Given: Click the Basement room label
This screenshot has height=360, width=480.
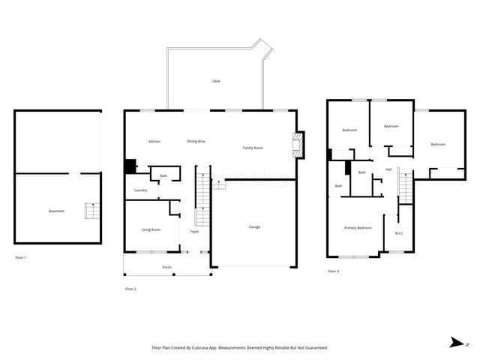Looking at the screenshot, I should tap(56, 211).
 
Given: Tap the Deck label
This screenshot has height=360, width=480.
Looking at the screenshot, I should tap(216, 81).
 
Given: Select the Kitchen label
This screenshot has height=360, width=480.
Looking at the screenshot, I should tap(154, 142).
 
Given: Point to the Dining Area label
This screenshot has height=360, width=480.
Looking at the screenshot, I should tap(196, 142).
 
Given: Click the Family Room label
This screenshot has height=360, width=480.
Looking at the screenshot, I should tap(253, 148).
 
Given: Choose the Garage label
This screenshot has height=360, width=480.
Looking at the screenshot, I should tap(255, 226).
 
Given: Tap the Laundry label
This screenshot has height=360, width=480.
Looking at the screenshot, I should tap(141, 190).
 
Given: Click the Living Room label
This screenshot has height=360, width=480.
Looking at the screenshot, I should tap(151, 229).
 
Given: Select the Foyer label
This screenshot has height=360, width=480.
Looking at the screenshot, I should tap(194, 232).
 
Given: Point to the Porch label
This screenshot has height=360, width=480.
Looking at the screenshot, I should tap(166, 267).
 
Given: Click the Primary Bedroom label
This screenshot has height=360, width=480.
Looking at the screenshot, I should tap(358, 227).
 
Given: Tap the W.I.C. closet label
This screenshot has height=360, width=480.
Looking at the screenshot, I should tap(400, 233).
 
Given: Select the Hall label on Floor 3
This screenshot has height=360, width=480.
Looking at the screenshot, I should tap(388, 169).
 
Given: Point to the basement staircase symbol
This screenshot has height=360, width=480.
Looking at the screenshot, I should tap(91, 211).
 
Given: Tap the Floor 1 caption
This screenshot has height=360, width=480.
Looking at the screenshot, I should tap(21, 257).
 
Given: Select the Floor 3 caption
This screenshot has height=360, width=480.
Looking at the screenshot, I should tap(334, 271).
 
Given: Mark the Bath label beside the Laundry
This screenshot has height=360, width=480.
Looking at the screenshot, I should tap(163, 176).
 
